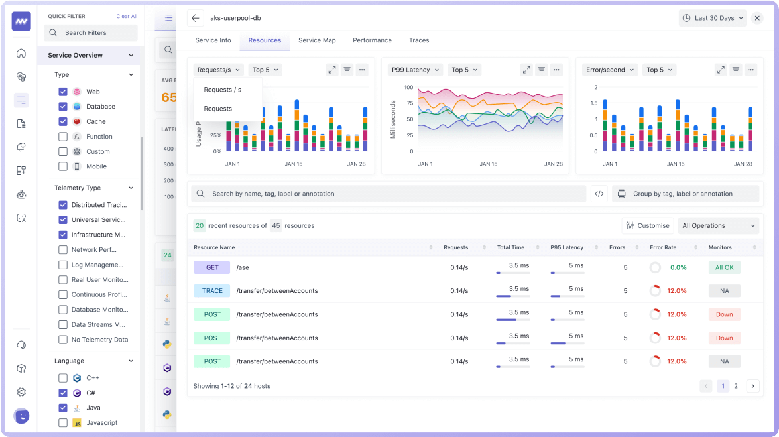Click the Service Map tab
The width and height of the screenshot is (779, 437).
[317, 40]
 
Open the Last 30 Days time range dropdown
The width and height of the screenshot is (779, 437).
[712, 18]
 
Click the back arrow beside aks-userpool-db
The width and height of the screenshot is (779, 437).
[194, 18]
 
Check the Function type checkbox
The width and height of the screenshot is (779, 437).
[63, 137]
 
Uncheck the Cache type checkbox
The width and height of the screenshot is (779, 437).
[63, 121]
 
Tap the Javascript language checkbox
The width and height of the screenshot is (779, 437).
[63, 423]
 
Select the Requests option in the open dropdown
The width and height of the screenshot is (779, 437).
[218, 109]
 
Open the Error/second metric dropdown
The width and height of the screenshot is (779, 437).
[610, 70]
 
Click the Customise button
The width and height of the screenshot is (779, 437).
[647, 225]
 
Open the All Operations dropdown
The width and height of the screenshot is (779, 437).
[718, 225]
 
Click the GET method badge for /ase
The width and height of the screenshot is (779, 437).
[212, 267]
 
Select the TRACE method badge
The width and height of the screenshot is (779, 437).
[212, 291]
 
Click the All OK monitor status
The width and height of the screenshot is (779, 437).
[724, 267]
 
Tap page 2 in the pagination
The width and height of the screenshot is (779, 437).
[736, 386]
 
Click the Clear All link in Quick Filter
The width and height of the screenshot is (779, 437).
[127, 16]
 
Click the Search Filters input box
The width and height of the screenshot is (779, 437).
[91, 33]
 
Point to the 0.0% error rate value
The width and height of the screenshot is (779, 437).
[678, 267]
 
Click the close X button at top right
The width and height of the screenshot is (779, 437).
[757, 18]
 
